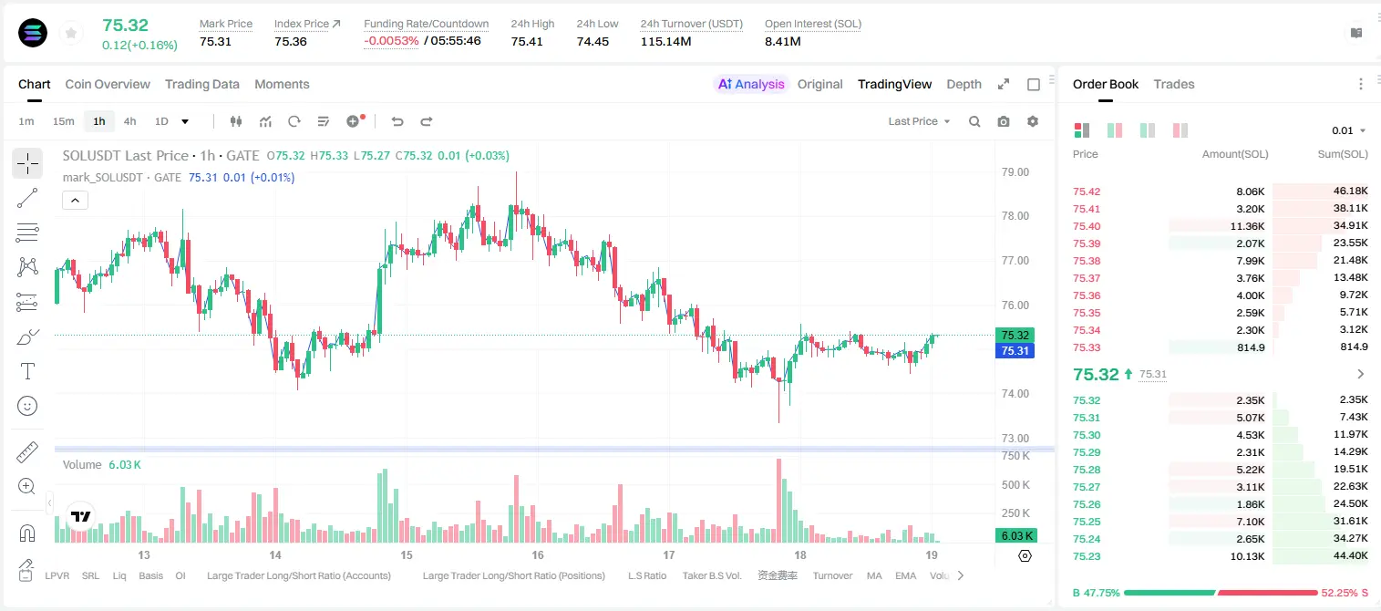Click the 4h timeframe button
[x=129, y=121]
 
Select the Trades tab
[x=1174, y=84]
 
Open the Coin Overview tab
[x=108, y=84]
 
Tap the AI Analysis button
[x=751, y=84]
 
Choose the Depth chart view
[x=964, y=84]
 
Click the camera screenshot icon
[x=1004, y=121]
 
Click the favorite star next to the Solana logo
[x=71, y=33]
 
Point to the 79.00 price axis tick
[x=1015, y=172]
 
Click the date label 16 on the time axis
[x=538, y=554]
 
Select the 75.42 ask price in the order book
[x=1087, y=192]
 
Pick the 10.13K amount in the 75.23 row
[x=1247, y=556]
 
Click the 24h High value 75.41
[x=527, y=41]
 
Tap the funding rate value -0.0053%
[x=391, y=41]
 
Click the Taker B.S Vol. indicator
[x=711, y=575]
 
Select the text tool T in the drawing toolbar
[x=27, y=371]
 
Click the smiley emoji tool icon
[x=27, y=406]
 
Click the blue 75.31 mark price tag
[x=1015, y=351]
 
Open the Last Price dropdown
[x=919, y=121]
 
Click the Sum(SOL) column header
[x=1343, y=154]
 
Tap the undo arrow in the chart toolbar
[x=397, y=121]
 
